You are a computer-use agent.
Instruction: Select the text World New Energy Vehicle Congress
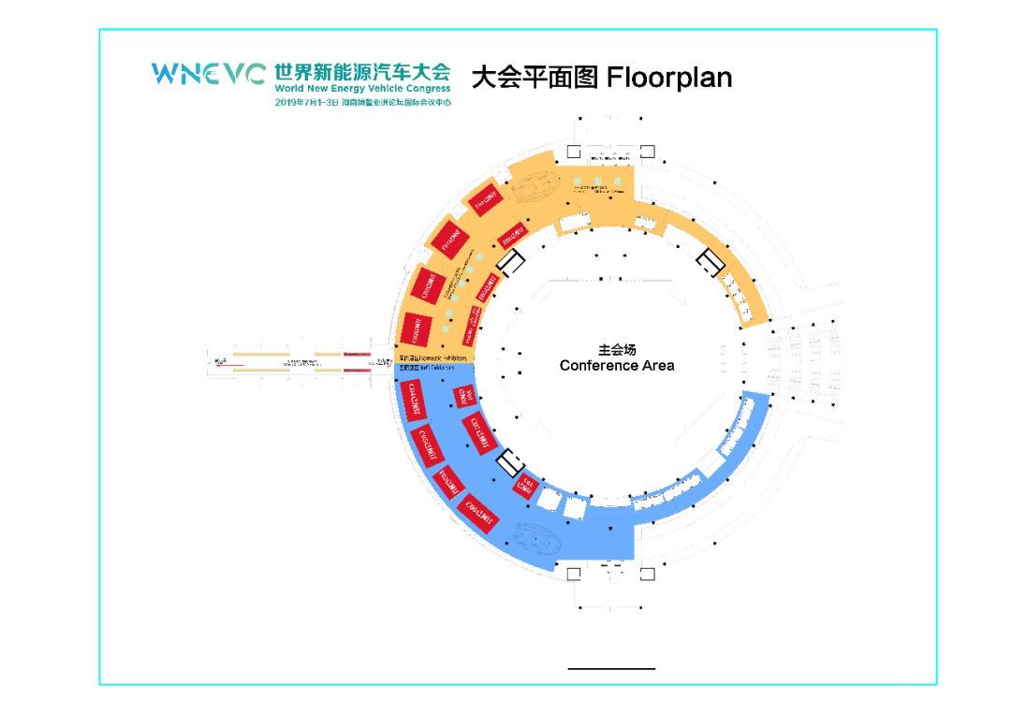point(362,89)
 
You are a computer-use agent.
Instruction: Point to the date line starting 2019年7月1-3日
point(362,102)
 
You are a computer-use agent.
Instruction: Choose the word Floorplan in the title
point(669,77)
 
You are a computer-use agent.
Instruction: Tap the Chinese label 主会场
point(617,349)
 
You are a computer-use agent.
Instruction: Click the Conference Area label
point(617,365)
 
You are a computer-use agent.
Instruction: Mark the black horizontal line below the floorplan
point(611,668)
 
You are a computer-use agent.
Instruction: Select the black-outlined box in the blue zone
point(511,460)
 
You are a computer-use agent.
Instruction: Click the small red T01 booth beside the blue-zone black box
point(524,484)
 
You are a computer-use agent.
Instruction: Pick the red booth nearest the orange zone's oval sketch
point(484,198)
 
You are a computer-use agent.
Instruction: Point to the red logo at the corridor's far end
point(221,361)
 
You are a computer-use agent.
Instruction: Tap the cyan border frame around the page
point(100,374)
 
